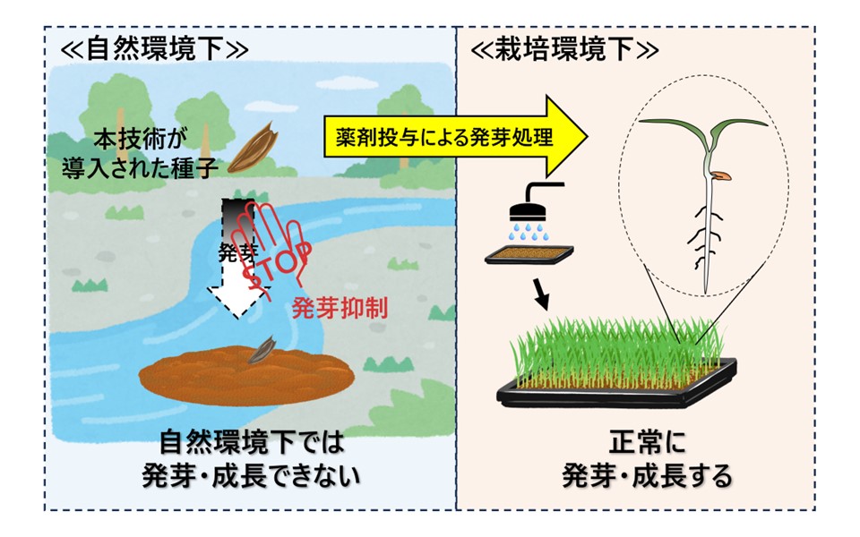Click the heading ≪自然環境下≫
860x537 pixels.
pos(155,49)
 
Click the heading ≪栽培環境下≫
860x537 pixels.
pos(565,49)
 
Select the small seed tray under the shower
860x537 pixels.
pos(529,255)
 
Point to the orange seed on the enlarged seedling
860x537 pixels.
pos(722,176)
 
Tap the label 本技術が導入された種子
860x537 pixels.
pos(141,153)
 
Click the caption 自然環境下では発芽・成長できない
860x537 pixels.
pos(252,459)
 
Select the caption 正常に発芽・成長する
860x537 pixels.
pos(647,459)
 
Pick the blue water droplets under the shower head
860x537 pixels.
pos(528,231)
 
